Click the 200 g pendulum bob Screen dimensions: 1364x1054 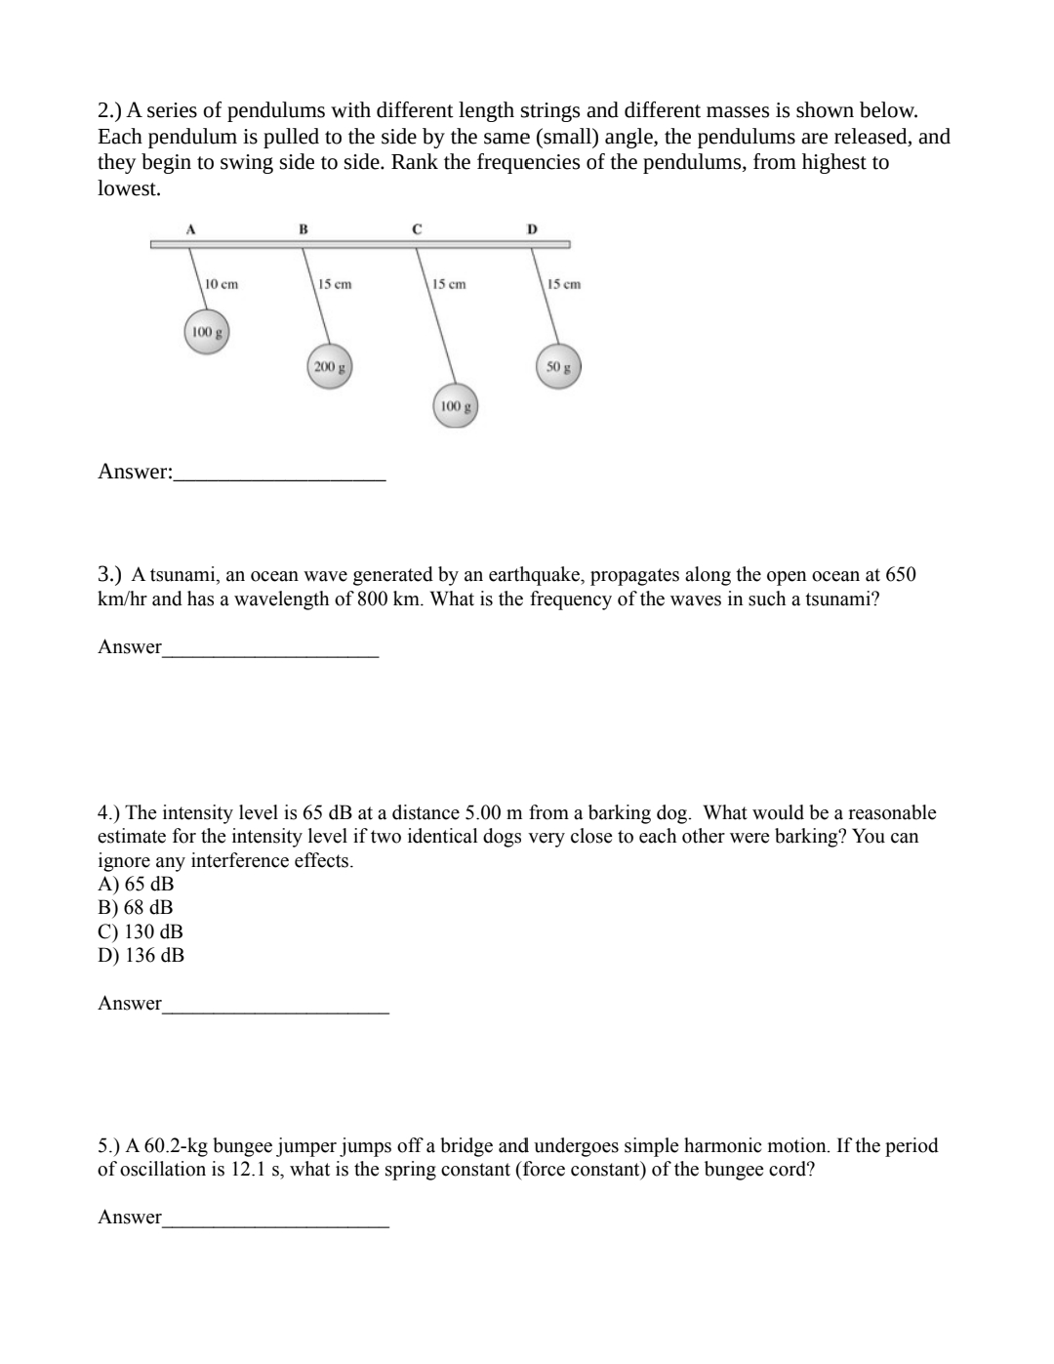tap(330, 368)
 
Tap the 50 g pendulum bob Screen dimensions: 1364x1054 tap(558, 368)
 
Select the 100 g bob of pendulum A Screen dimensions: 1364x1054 tap(207, 333)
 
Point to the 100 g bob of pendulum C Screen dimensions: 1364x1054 tap(455, 406)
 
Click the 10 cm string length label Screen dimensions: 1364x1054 tap(222, 284)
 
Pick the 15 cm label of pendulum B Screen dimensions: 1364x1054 tap(335, 284)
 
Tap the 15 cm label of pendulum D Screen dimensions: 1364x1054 tap(564, 284)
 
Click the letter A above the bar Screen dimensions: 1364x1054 tap(191, 229)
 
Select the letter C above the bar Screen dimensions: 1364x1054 tap(417, 229)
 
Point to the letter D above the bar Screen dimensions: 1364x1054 tap(532, 229)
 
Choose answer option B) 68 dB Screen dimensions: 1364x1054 tap(136, 907)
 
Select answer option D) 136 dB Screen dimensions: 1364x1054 tap(141, 955)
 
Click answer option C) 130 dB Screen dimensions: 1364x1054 tap(141, 931)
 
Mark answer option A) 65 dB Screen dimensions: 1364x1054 tap(136, 884)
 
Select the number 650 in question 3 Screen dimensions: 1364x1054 tap(900, 575)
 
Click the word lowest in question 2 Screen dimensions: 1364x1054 tap(128, 188)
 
